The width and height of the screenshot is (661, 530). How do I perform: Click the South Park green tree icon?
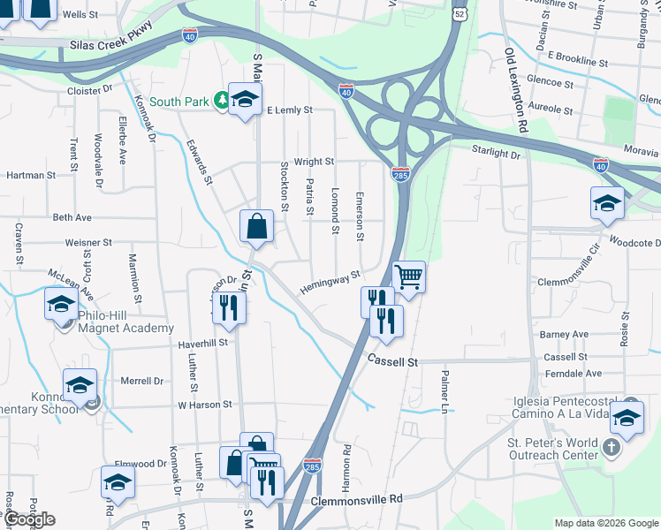point(217,102)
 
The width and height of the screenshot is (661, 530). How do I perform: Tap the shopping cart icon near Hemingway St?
point(408,277)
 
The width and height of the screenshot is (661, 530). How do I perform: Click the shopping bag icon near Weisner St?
point(255,226)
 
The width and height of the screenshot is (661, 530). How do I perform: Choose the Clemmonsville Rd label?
point(356,499)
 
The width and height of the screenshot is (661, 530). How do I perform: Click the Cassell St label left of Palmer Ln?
point(392,361)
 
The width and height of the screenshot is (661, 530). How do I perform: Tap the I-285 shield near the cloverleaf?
point(400,176)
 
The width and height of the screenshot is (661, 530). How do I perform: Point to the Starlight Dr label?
point(496,153)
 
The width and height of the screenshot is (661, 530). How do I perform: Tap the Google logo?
point(29,519)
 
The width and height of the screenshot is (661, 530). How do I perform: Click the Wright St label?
point(314,162)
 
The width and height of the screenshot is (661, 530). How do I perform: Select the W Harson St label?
point(204,405)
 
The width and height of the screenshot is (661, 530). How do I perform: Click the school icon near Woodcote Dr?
point(607,203)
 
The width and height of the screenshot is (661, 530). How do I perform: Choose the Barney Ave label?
point(564,335)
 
